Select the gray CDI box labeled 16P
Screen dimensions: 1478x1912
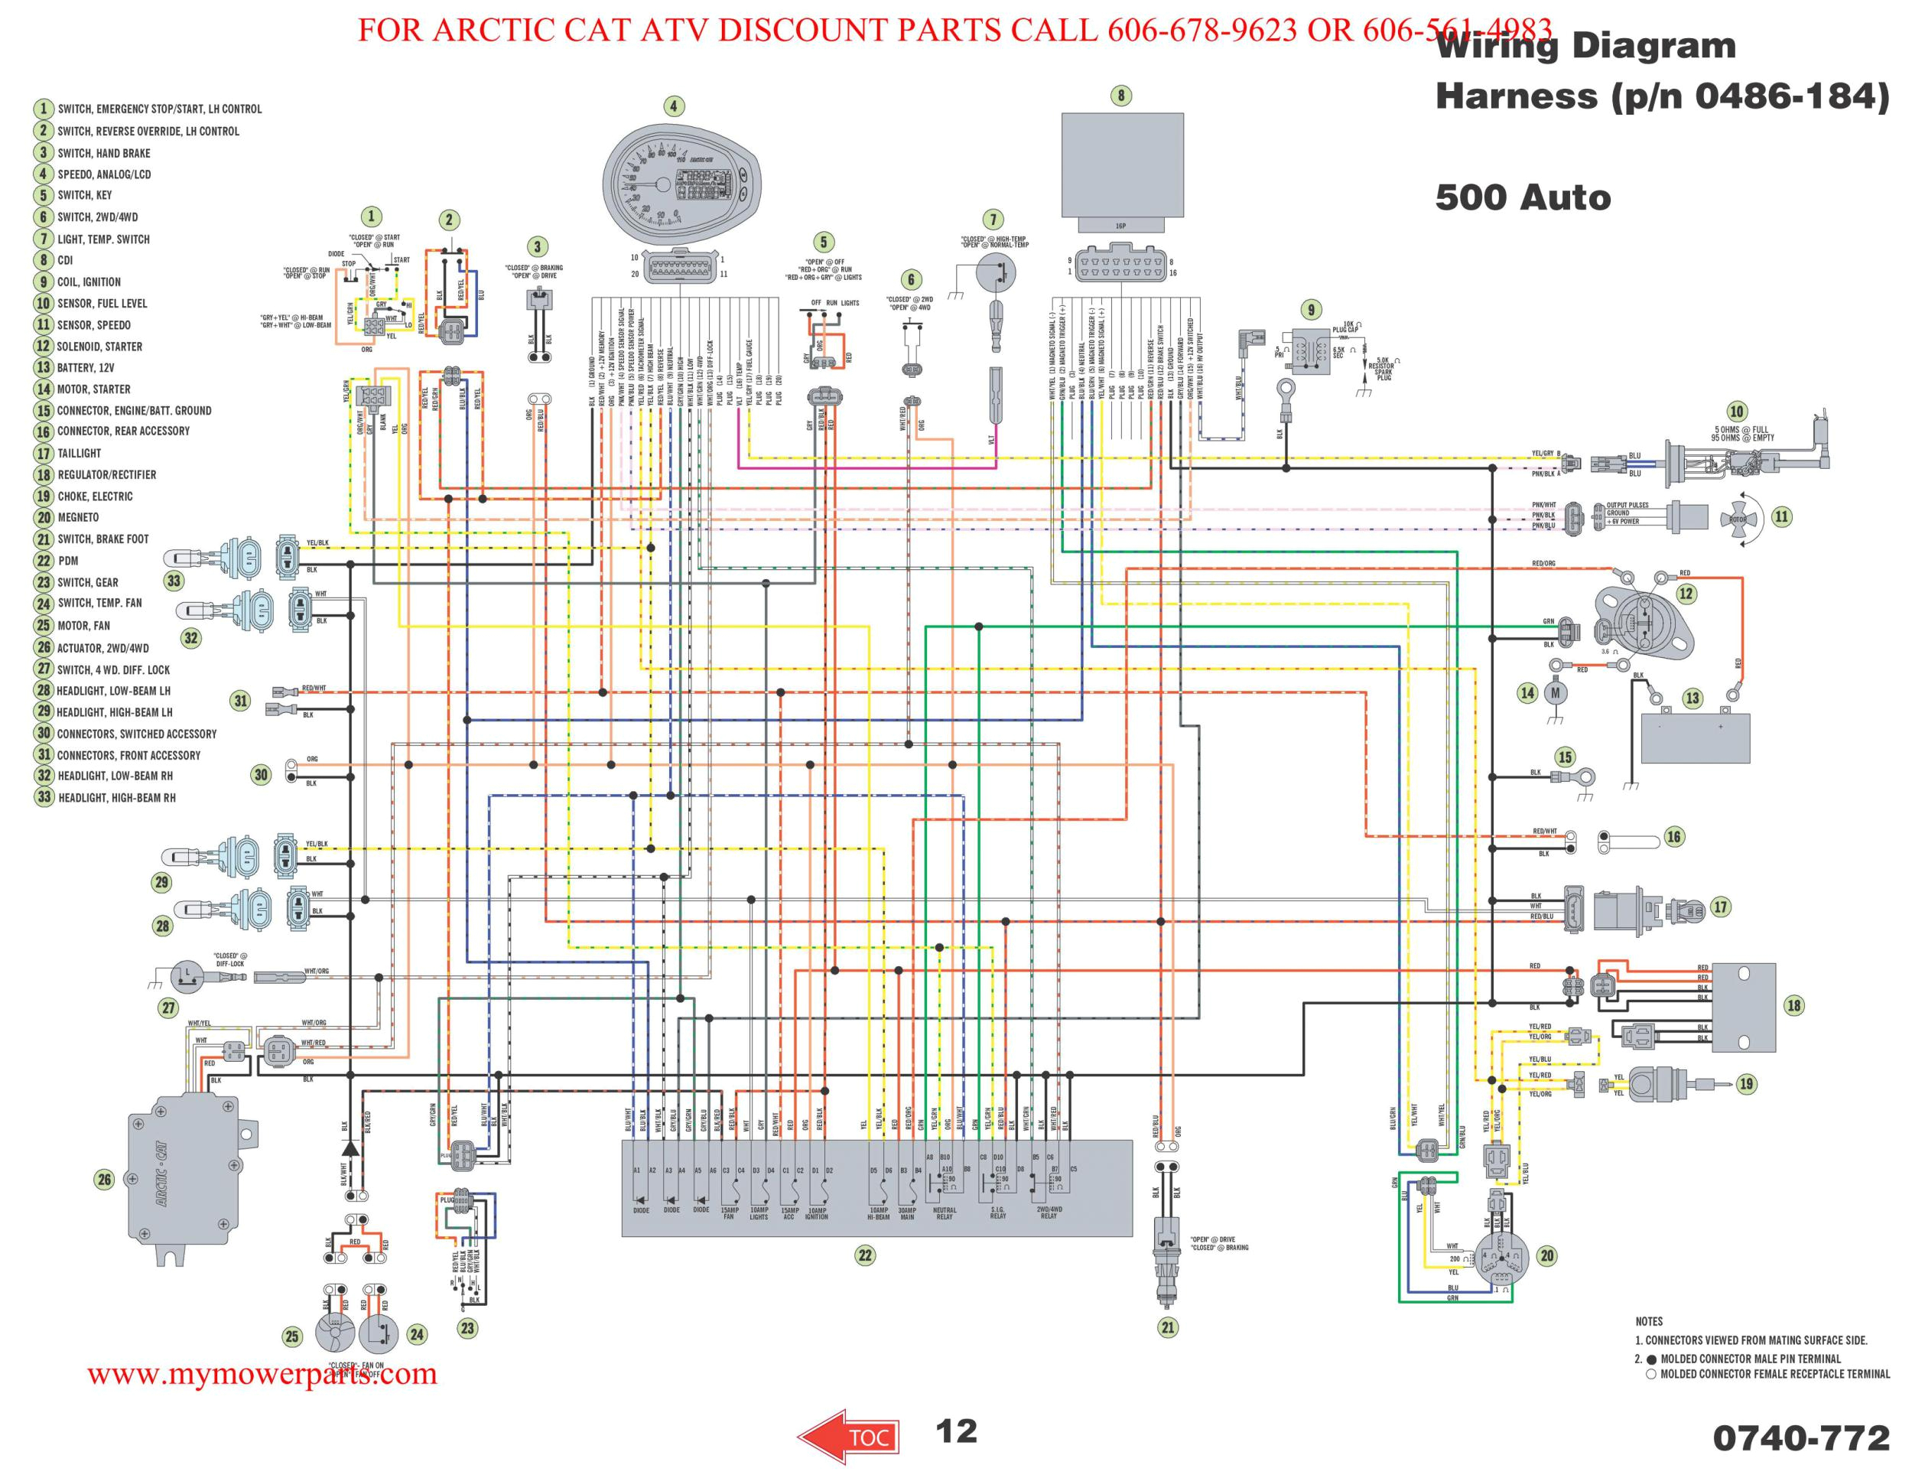[1122, 166]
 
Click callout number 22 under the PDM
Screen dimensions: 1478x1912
[864, 1255]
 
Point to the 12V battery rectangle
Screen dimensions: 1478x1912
[1695, 738]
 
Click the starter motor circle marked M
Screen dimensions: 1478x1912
[1556, 693]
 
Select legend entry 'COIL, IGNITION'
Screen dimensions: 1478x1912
[89, 282]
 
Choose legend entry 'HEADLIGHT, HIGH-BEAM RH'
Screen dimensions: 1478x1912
[115, 798]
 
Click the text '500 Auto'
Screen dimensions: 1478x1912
[1523, 198]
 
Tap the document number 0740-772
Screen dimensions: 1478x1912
[1801, 1437]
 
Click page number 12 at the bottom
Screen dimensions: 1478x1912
[955, 1431]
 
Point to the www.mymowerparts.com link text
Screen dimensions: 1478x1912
[262, 1373]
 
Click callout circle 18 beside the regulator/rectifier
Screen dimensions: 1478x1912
[1793, 1005]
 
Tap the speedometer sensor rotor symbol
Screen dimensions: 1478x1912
[1737, 519]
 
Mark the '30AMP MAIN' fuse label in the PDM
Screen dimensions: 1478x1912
[907, 1213]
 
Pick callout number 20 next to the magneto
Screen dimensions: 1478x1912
[1546, 1255]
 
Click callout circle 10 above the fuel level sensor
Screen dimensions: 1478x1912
[1736, 412]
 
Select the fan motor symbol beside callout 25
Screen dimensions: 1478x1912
[337, 1333]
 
